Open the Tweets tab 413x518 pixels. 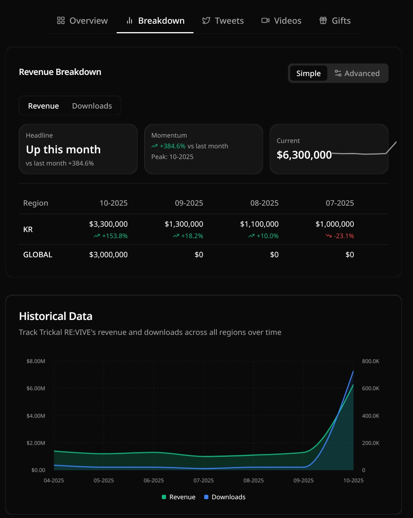click(223, 21)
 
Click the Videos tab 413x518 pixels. click(281, 21)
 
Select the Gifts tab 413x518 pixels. click(335, 21)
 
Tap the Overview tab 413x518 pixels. click(83, 21)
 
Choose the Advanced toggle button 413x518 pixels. click(357, 73)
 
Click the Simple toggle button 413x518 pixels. click(308, 73)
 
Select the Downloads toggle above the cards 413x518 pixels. click(92, 106)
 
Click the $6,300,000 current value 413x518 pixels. click(304, 155)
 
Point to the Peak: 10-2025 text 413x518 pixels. click(172, 157)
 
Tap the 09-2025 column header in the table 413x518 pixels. click(189, 203)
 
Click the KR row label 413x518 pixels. click(28, 229)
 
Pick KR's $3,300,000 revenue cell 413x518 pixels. click(108, 224)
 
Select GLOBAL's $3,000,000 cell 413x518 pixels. click(108, 255)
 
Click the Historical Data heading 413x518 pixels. click(56, 316)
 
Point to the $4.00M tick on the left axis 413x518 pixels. click(36, 416)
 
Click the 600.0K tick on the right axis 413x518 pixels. click(371, 388)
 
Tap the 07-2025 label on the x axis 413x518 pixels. click(203, 481)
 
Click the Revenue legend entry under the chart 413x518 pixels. click(179, 497)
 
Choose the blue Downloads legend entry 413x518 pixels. click(225, 497)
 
